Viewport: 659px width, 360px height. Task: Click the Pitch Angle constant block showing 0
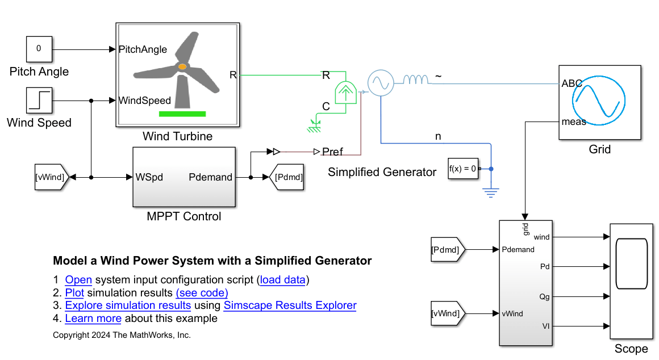coord(39,49)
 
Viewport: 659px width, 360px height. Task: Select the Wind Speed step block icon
coord(39,100)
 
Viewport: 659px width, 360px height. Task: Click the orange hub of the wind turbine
coord(182,67)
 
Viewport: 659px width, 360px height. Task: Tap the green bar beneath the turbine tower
coord(182,114)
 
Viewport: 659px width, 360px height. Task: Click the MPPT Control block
coord(184,177)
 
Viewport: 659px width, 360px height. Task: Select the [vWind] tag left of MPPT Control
coord(51,177)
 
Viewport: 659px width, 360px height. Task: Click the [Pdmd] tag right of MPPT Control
coord(288,177)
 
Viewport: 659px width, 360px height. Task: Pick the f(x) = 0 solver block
coord(462,169)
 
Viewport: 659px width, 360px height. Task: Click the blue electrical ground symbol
coord(491,191)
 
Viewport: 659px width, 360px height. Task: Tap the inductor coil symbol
coord(416,81)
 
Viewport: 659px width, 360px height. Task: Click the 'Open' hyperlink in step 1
coord(78,279)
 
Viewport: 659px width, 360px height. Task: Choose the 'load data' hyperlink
coord(283,279)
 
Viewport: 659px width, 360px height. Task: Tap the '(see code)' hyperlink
coord(202,292)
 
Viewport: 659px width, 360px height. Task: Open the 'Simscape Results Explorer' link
coord(290,305)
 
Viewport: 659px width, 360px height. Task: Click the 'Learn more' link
coord(93,319)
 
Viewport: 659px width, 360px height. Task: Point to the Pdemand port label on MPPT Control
coord(210,177)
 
